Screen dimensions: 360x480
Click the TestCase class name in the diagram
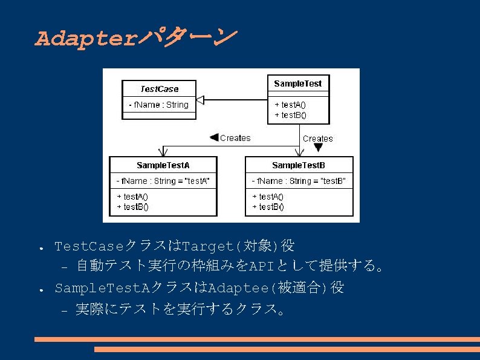[x=160, y=89]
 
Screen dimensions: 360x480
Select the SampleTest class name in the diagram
[x=298, y=83]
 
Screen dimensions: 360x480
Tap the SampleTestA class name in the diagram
[x=163, y=165]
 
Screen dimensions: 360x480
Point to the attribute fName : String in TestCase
[x=159, y=105]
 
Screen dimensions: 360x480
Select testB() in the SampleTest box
[x=290, y=114]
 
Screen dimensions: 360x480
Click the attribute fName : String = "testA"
[x=163, y=181]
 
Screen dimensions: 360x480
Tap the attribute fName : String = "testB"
[x=299, y=181]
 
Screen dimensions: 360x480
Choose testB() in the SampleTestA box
[x=132, y=206]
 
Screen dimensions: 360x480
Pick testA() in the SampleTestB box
[x=268, y=197]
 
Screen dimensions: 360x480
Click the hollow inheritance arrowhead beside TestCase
[x=202, y=100]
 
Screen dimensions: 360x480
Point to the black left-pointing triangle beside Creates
[x=213, y=138]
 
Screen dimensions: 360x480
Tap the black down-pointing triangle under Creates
[x=319, y=148]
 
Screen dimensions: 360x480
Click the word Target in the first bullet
[x=207, y=246]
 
